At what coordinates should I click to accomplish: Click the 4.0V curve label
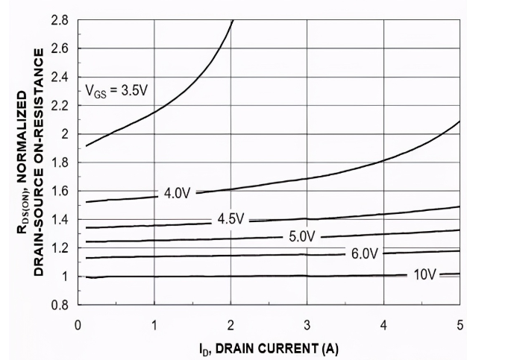click(x=178, y=193)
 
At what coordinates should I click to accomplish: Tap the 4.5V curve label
click(x=231, y=219)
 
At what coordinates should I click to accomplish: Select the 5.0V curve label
click(x=304, y=237)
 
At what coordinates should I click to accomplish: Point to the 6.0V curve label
click(x=366, y=253)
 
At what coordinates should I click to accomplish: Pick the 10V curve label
click(x=425, y=275)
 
